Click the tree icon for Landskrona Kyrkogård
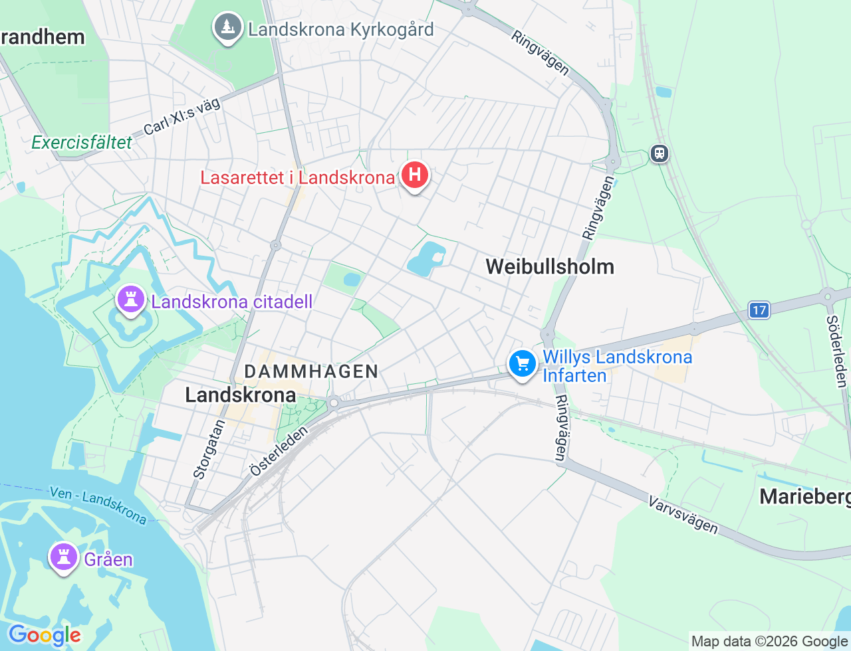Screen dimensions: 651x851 228,28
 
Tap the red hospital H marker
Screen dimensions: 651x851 415,175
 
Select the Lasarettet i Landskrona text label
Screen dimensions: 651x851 297,178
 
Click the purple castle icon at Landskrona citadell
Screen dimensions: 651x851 130,300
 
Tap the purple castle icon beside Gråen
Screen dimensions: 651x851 64,557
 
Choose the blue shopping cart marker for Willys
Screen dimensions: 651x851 523,364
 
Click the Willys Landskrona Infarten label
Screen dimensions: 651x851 617,366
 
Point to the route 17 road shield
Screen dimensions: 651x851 759,310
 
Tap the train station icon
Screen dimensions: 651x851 659,153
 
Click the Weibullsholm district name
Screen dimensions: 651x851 550,266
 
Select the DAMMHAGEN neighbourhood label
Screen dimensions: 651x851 311,371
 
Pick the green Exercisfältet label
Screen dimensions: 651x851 82,142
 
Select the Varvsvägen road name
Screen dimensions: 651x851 683,514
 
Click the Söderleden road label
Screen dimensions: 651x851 836,351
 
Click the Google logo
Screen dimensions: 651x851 45,635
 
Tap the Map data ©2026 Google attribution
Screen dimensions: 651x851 769,641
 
